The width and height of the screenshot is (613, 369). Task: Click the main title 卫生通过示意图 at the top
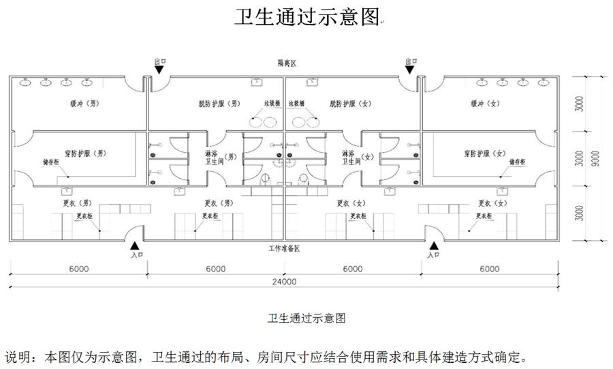[306, 16]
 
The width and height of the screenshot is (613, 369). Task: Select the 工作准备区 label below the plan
[284, 248]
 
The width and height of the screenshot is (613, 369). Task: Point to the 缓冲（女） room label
[485, 104]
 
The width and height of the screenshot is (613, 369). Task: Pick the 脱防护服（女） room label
[350, 104]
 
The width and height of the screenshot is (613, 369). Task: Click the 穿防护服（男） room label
[80, 153]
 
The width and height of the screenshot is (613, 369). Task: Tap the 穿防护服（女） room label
[485, 153]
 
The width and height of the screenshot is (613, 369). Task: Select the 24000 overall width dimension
[284, 282]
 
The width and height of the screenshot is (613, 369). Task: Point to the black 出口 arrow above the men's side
[161, 69]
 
